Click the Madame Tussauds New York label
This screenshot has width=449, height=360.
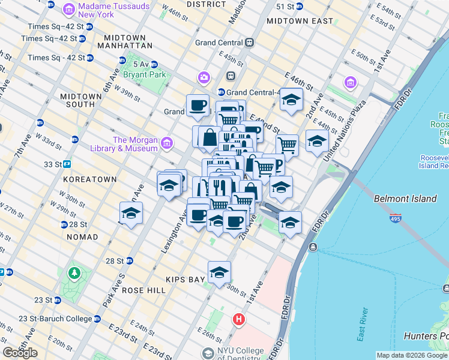point(107,10)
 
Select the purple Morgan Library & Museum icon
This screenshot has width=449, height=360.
point(166,143)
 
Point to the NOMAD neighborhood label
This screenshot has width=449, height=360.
point(83,237)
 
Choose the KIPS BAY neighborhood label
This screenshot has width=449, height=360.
point(182,280)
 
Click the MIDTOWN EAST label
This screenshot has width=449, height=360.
point(300,21)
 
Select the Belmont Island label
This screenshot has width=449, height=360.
point(402,198)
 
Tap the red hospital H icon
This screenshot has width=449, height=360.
point(240,319)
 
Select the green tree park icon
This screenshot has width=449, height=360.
point(74,274)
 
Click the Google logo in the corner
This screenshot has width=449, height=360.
point(20,353)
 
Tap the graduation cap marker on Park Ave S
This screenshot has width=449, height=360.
point(131,213)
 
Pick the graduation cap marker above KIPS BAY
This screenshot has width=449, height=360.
point(220,271)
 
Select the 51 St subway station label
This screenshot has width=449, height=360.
point(285,6)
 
